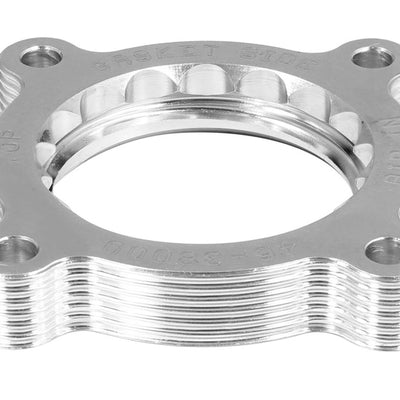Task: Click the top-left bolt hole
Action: coord(42,57)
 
